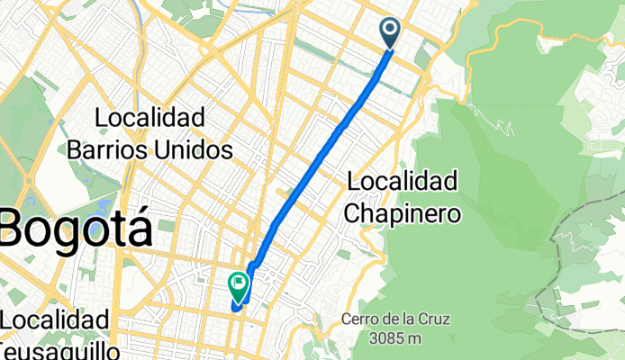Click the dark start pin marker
(x=391, y=32)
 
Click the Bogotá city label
(x=77, y=227)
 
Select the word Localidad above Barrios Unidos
(x=149, y=118)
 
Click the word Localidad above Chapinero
(x=402, y=182)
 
